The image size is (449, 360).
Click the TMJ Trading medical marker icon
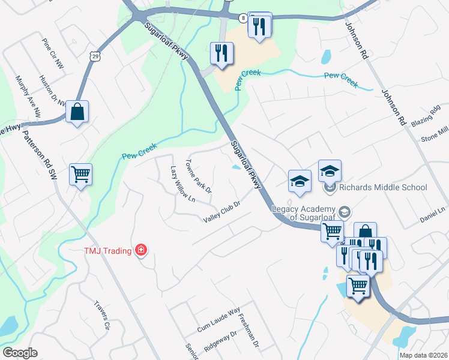pyautogui.click(x=141, y=249)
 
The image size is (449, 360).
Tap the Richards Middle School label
pyautogui.click(x=382, y=187)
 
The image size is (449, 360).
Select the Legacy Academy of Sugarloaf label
pyautogui.click(x=306, y=213)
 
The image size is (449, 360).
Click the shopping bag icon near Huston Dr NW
pyautogui.click(x=77, y=112)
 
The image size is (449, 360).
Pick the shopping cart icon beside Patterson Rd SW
pyautogui.click(x=80, y=175)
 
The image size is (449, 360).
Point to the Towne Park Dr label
pyautogui.click(x=199, y=176)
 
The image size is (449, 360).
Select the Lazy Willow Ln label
pyautogui.click(x=183, y=184)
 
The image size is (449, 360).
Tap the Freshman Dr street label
pyautogui.click(x=249, y=332)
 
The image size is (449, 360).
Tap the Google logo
pyautogui.click(x=20, y=353)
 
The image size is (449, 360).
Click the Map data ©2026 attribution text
pyautogui.click(x=423, y=355)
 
